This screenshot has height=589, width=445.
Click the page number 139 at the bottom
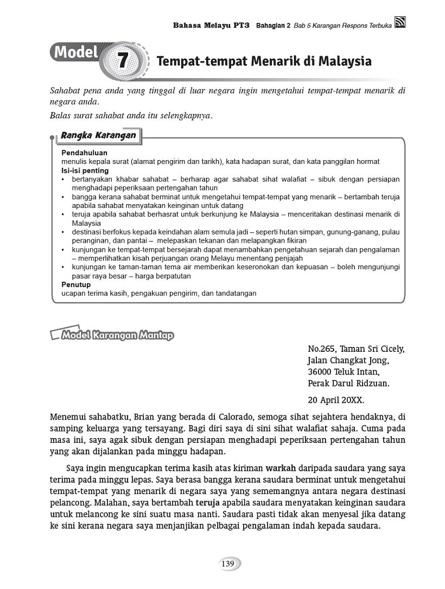click(227, 564)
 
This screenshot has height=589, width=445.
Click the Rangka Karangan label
click(98, 135)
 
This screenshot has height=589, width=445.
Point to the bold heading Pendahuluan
click(84, 153)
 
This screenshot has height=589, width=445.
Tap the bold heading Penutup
click(76, 284)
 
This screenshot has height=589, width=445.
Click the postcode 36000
click(321, 372)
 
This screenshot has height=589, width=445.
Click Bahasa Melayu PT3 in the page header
click(211, 25)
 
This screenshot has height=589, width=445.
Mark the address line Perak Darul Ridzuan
click(348, 383)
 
